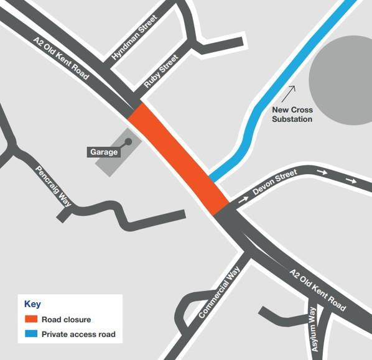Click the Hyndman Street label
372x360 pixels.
click(x=135, y=38)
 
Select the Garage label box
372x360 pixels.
click(x=103, y=152)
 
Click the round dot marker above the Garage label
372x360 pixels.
click(x=129, y=142)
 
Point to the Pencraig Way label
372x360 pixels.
click(x=53, y=185)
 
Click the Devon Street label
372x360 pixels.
click(x=276, y=183)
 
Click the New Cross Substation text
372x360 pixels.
click(x=292, y=114)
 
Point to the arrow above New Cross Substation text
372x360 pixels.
click(x=289, y=93)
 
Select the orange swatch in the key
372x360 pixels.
click(x=30, y=320)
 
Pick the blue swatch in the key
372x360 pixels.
click(x=30, y=334)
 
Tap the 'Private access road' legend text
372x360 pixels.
click(x=78, y=335)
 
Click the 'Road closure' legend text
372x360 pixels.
click(x=66, y=320)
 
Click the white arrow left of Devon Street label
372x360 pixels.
click(x=243, y=200)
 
